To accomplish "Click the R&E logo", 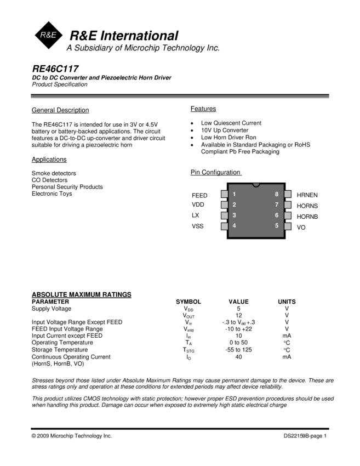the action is [x=49, y=35].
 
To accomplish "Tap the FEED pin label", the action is [x=199, y=195].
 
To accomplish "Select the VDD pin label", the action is [x=198, y=204].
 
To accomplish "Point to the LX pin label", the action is [x=196, y=215].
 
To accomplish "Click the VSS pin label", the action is [x=198, y=226].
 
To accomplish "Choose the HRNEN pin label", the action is [x=307, y=195].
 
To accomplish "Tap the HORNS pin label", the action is [x=307, y=206].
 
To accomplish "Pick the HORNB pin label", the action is [x=307, y=217].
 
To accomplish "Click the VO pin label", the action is [x=301, y=227].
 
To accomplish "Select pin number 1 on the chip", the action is [x=234, y=194].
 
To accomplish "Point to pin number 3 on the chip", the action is [x=234, y=215].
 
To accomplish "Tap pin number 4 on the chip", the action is [x=234, y=226].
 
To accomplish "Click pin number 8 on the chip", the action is [x=277, y=194].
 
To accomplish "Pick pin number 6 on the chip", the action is [x=277, y=215].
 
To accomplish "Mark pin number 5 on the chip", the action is [x=277, y=226].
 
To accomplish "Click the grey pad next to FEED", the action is [x=225, y=194].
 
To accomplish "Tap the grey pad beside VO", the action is [x=288, y=226].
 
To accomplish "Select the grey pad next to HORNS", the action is [x=288, y=204].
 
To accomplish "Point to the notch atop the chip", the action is [x=256, y=185].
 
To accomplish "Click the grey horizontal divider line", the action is [x=180, y=97].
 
